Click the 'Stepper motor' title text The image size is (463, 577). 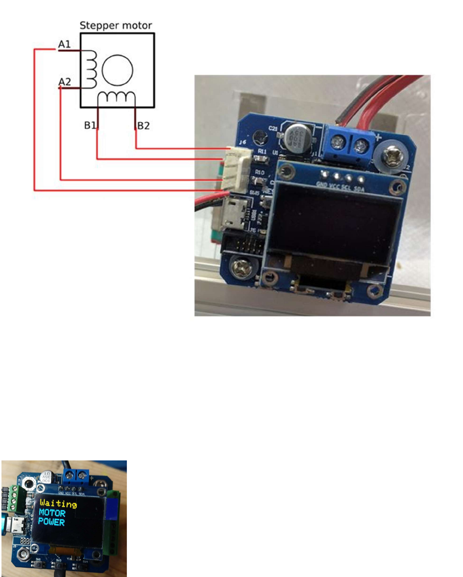[x=116, y=25]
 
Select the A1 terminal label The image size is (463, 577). [x=64, y=45]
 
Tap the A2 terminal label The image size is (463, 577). [x=64, y=81]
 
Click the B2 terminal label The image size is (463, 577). [x=144, y=126]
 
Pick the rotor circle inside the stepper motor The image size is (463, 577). [x=117, y=70]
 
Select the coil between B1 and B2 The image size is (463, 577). [x=116, y=97]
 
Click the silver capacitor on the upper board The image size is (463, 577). [x=299, y=134]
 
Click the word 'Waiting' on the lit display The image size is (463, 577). [x=58, y=504]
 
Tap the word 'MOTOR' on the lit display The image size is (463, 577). [x=52, y=513]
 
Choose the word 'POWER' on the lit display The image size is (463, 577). [x=52, y=522]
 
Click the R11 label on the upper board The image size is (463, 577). [x=262, y=152]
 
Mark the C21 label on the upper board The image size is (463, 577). [x=274, y=129]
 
